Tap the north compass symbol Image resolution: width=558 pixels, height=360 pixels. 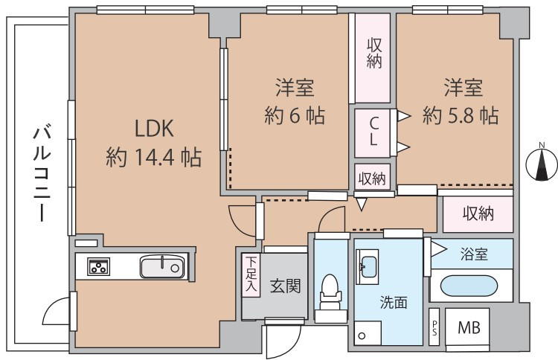click(541, 165)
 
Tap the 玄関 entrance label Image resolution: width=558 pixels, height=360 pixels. click(285, 286)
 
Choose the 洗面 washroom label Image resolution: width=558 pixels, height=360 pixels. click(393, 303)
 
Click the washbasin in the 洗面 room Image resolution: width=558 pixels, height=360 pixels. click(369, 267)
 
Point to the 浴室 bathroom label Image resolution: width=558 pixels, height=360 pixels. click(473, 254)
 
